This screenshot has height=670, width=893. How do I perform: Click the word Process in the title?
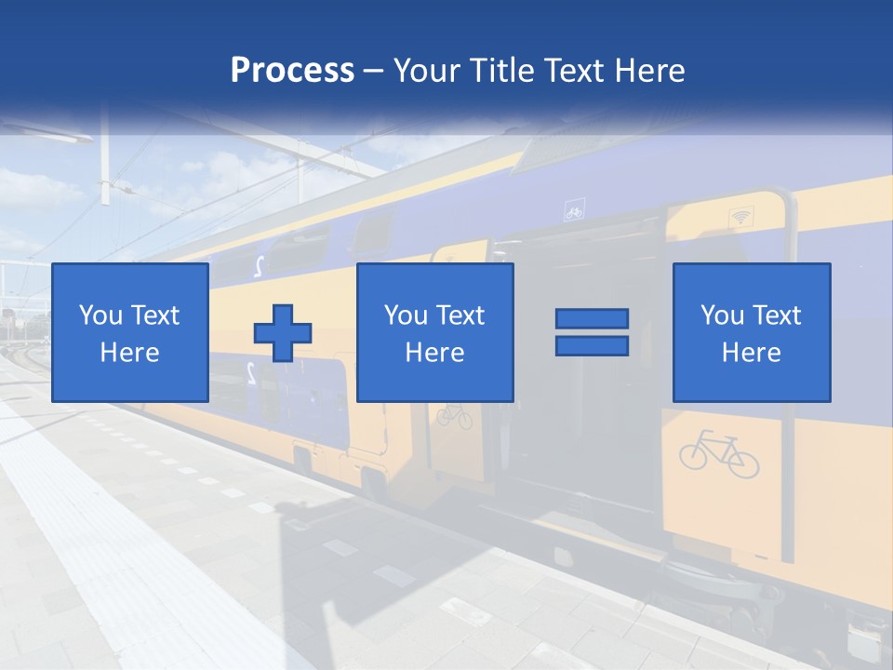[x=292, y=71]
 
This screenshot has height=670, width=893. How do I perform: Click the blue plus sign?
[x=283, y=332]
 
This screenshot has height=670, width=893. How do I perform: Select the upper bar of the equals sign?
[x=592, y=318]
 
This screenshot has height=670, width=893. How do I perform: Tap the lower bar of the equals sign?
[x=592, y=346]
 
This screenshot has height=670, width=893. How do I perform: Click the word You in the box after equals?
[x=722, y=315]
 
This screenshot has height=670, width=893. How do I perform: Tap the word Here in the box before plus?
[x=129, y=353]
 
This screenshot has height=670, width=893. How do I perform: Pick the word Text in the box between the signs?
[x=461, y=315]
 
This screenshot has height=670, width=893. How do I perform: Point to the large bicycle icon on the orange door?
[x=719, y=453]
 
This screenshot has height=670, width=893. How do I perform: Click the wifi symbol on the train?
[x=740, y=217]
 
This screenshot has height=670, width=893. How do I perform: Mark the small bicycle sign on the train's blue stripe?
[x=574, y=212]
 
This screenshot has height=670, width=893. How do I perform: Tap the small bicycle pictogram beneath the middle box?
[x=454, y=415]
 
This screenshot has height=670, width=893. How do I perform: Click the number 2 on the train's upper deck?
[x=258, y=265]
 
